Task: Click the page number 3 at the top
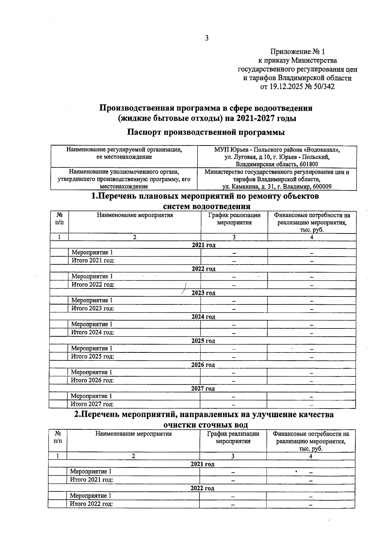(206, 38)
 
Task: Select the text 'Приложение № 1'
(297, 52)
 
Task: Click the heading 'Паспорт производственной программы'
(206, 132)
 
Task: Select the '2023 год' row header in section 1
(203, 293)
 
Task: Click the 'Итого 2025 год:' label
(92, 356)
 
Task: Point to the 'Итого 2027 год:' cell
(92, 404)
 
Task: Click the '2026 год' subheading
(203, 365)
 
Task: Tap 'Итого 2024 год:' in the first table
(92, 332)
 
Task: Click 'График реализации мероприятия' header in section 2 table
(233, 437)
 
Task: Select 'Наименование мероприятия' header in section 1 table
(135, 215)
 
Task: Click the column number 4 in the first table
(312, 237)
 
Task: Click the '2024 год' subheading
(203, 317)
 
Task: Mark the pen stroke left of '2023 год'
(184, 288)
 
